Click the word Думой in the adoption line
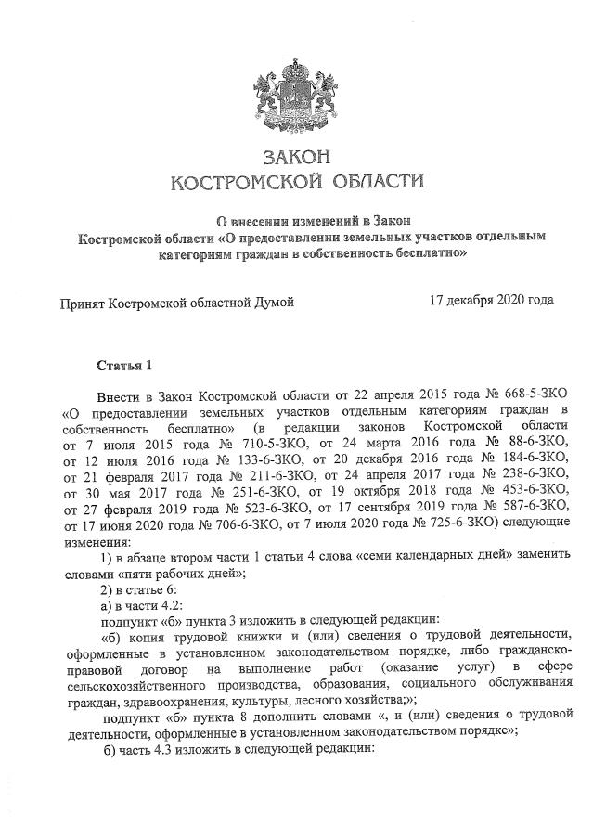[271, 303]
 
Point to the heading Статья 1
[122, 363]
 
